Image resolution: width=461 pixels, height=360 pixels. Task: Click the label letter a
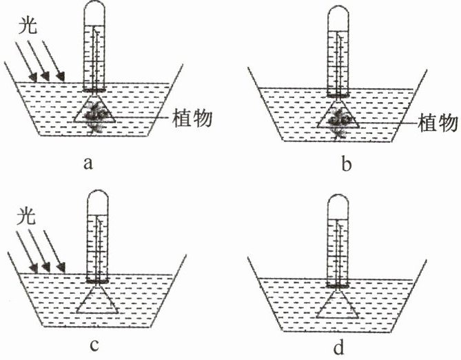[x=87, y=163]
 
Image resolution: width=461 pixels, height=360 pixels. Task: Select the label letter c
[x=87, y=345]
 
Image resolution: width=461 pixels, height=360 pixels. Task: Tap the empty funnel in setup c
[x=95, y=301]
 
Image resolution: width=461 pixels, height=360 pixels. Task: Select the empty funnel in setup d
[x=337, y=304]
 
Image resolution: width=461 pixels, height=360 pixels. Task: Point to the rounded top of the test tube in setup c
[x=96, y=200]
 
